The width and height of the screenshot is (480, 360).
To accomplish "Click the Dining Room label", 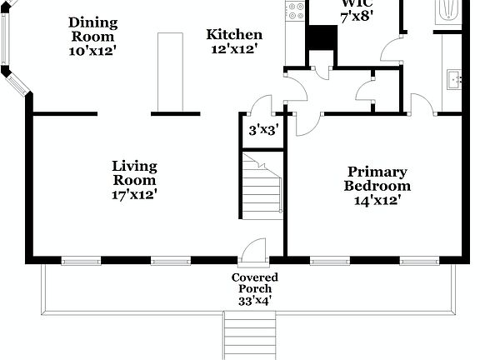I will click(x=92, y=28).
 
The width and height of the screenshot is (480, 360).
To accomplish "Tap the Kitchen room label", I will click(x=234, y=35).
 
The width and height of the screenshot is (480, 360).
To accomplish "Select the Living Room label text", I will click(x=134, y=173).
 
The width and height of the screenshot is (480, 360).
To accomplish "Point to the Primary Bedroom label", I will click(x=377, y=179).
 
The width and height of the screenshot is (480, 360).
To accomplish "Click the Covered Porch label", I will click(x=254, y=282).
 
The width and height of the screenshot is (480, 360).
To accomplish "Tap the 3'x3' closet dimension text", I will click(x=262, y=130).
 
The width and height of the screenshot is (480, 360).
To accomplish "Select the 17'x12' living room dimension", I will click(x=134, y=195).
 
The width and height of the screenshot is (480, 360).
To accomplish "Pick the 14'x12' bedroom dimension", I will click(x=377, y=200).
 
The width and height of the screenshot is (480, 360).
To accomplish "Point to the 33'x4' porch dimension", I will click(x=254, y=300).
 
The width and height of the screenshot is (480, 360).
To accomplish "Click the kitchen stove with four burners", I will click(x=295, y=11).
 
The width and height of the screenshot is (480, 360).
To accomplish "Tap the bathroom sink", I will click(x=453, y=80).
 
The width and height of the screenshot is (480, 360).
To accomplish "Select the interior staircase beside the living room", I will click(x=262, y=185).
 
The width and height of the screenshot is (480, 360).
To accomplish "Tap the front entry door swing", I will click(x=252, y=247).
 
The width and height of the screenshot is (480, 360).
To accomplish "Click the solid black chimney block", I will click(x=322, y=38).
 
